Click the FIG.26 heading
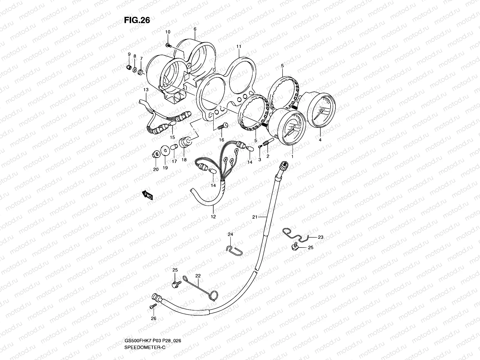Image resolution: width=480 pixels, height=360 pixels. (x=137, y=20)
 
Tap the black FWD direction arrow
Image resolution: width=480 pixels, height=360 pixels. (x=148, y=195)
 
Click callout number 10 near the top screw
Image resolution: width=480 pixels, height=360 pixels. (x=168, y=32)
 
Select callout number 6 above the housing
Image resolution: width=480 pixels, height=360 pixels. (x=195, y=29)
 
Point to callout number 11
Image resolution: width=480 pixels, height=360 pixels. (x=239, y=46)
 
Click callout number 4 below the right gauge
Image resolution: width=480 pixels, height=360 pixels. (x=320, y=140)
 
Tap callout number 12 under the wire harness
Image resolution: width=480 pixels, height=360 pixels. (x=213, y=216)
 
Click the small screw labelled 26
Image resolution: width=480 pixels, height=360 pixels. (x=153, y=306)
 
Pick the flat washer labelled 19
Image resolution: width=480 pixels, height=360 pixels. (x=164, y=150)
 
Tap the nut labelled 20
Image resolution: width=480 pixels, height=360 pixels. (x=156, y=155)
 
